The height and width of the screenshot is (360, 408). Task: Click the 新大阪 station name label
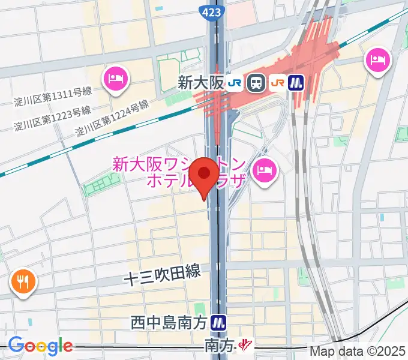pyautogui.click(x=200, y=83)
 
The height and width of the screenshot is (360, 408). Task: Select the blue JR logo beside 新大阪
pyautogui.click(x=235, y=83)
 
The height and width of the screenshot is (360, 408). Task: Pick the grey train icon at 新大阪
pyautogui.click(x=257, y=83)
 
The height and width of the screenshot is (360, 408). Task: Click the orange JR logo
pyautogui.click(x=277, y=83)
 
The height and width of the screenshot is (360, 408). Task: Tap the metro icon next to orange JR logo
pyautogui.click(x=296, y=83)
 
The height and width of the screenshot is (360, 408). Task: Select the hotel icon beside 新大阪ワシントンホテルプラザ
pyautogui.click(x=264, y=170)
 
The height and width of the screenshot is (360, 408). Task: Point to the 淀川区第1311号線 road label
pyautogui.click(x=53, y=96)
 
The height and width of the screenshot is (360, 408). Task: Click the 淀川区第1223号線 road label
pyautogui.click(x=53, y=118)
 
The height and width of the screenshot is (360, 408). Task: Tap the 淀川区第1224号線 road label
pyautogui.click(x=112, y=118)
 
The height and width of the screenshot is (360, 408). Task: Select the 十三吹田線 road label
pyautogui.click(x=162, y=277)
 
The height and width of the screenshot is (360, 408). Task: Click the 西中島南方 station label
pyautogui.click(x=169, y=323)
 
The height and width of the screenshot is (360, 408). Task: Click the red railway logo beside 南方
pyautogui.click(x=245, y=345)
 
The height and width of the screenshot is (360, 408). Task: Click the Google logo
pyautogui.click(x=40, y=346)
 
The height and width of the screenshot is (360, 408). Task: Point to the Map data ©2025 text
pyautogui.click(x=357, y=350)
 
